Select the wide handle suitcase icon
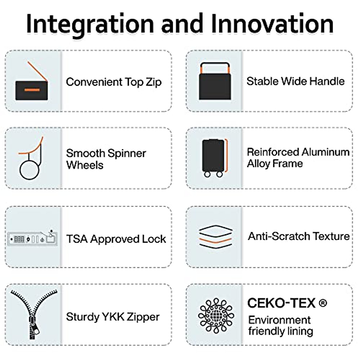[x=215, y=81]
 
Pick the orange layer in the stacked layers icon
[x=216, y=241]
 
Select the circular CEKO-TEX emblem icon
[x=216, y=316]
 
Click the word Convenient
[x=94, y=82]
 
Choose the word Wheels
[x=85, y=165]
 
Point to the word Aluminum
[x=325, y=152]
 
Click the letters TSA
[x=77, y=239]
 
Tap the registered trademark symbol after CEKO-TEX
[x=323, y=303]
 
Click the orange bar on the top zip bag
[x=32, y=90]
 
